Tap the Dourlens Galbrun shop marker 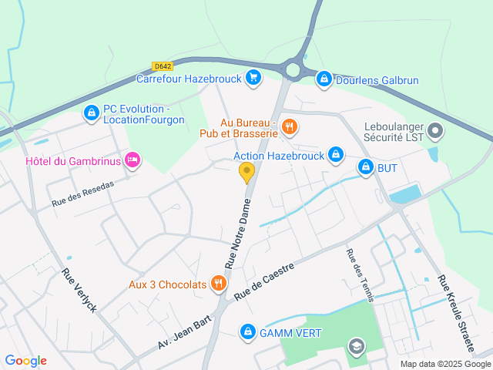click(324, 79)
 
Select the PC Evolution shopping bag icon click(92, 113)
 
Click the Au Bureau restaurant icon click(290, 127)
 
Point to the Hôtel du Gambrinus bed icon click(132, 160)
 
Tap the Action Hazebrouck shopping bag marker click(336, 156)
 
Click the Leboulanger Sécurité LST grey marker click(435, 131)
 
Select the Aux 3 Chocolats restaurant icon click(219, 284)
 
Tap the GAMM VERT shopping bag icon click(247, 332)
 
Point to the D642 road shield click(163, 67)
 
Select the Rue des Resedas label click(83, 193)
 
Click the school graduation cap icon click(355, 346)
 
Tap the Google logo click(25, 361)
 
